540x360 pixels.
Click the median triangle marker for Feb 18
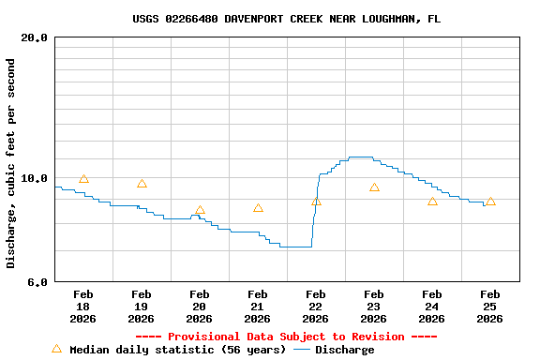tap(83, 179)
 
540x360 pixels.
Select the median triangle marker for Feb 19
tap(142, 184)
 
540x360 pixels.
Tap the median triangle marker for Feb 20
tap(200, 210)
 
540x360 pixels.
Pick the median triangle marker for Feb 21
tap(258, 208)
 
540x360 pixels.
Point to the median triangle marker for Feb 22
tap(316, 202)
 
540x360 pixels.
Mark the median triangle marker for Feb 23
tap(374, 187)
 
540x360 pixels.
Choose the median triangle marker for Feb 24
tap(432, 202)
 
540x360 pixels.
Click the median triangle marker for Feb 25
tap(490, 202)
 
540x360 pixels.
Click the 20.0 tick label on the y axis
tap(34, 37)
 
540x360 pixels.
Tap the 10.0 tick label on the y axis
tap(34, 178)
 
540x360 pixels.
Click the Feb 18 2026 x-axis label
tap(82, 307)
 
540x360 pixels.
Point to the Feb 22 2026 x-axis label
tap(315, 307)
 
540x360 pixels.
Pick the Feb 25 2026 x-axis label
tap(489, 307)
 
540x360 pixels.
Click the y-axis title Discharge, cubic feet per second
tap(11, 163)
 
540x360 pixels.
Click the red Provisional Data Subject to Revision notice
tap(286, 337)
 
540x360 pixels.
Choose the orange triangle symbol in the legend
tap(56, 349)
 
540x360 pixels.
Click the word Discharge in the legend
tap(344, 350)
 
